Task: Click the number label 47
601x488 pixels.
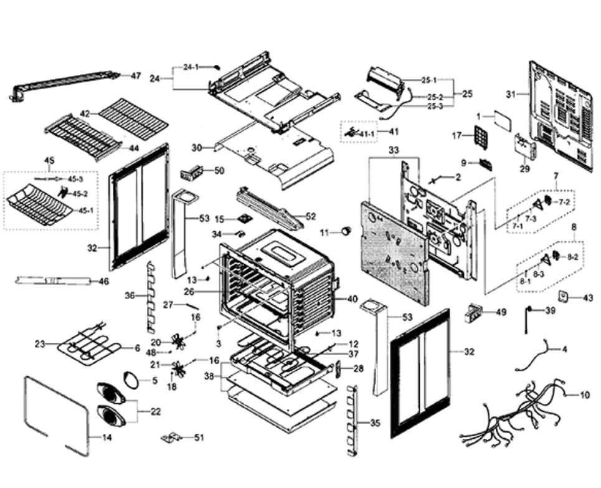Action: (x=136, y=75)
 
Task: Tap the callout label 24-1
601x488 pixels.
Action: (x=191, y=67)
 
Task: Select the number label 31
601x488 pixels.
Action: (x=511, y=94)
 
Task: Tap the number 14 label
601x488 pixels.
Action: (x=106, y=438)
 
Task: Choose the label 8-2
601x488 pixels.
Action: (x=572, y=257)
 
